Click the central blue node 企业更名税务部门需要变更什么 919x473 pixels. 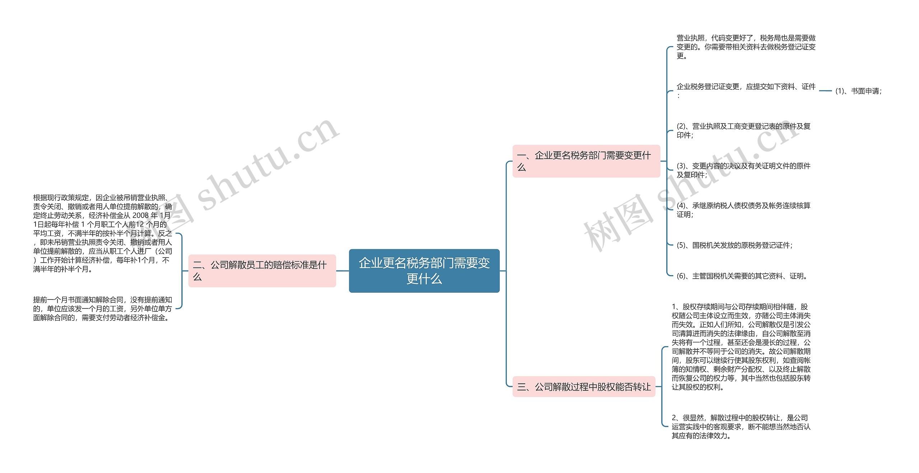click(x=424, y=270)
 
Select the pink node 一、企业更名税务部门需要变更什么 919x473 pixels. click(x=586, y=161)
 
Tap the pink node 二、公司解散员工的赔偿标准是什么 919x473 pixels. click(x=262, y=270)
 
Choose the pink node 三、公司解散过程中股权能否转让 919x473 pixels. click(x=584, y=386)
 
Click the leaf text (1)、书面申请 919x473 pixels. click(x=858, y=91)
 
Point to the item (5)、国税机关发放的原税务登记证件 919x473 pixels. click(x=734, y=245)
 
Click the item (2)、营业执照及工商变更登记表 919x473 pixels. click(x=743, y=130)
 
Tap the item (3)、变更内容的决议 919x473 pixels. click(x=743, y=170)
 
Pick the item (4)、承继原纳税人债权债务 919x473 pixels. click(x=743, y=210)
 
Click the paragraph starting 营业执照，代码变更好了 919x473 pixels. click(x=746, y=47)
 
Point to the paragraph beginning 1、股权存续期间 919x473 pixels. click(x=741, y=347)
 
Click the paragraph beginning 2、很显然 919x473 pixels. click(x=741, y=426)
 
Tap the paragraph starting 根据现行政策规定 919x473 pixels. click(x=102, y=233)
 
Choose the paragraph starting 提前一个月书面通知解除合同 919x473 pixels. click(x=102, y=309)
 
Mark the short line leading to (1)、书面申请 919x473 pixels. click(x=825, y=91)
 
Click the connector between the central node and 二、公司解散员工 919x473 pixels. click(x=342, y=271)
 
